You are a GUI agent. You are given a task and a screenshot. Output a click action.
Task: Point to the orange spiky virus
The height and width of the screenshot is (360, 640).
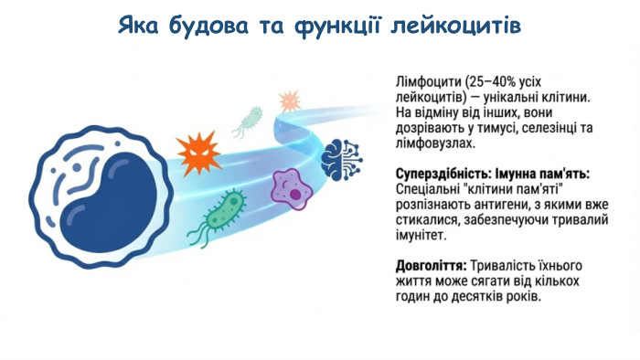[197, 152]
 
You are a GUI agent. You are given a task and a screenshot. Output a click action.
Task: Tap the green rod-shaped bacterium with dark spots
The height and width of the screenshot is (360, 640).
[224, 209]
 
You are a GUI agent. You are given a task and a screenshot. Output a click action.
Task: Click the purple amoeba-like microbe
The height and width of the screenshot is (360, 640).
[298, 186]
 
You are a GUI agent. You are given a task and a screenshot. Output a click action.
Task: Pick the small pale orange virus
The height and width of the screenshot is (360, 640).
[289, 100]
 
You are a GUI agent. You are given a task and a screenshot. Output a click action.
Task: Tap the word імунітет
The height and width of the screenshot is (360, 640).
[420, 236]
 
